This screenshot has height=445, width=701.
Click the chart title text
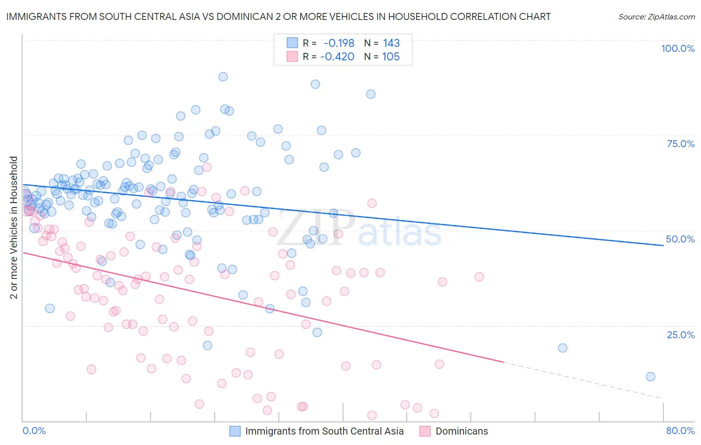(x=278, y=16)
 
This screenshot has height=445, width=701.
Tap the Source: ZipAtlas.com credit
(x=656, y=16)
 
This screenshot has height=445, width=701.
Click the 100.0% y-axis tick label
(x=678, y=48)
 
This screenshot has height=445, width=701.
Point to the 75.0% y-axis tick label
(x=681, y=144)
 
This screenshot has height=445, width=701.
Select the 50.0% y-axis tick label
(x=680, y=239)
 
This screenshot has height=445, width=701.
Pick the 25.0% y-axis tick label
(x=681, y=334)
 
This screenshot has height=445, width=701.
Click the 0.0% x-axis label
(x=34, y=431)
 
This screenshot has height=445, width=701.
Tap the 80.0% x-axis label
(x=680, y=431)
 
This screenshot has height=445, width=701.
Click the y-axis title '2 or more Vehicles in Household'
(x=14, y=227)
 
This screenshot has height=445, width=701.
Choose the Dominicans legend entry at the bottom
(x=462, y=431)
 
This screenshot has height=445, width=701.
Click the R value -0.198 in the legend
(x=339, y=43)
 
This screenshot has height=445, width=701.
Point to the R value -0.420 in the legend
(x=338, y=56)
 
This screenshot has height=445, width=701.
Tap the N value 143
(x=391, y=43)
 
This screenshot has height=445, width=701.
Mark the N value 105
(x=391, y=56)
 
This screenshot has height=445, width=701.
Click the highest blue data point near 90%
(x=223, y=77)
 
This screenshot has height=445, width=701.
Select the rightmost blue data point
(x=650, y=377)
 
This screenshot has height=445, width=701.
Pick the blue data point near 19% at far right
(x=562, y=348)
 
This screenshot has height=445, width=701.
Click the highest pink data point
(x=206, y=167)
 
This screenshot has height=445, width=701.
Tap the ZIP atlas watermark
(x=359, y=228)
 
